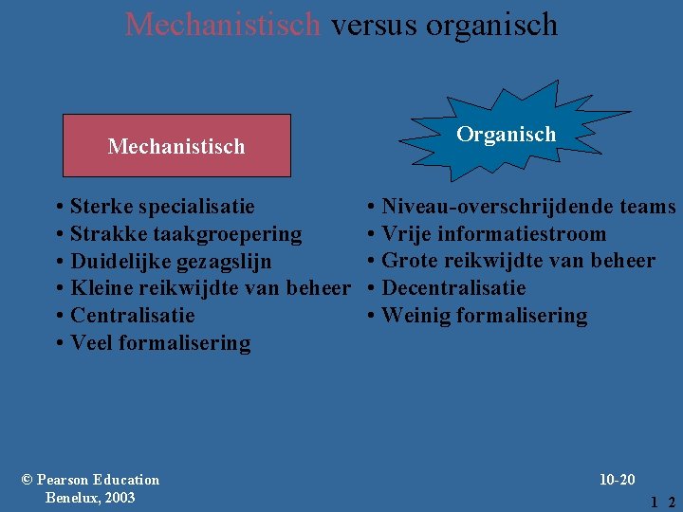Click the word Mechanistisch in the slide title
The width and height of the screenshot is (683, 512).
pyautogui.click(x=223, y=24)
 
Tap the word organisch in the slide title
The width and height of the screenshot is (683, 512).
pyautogui.click(x=491, y=24)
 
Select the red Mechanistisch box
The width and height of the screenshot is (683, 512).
pyautogui.click(x=176, y=146)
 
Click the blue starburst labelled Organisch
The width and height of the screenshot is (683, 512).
pyautogui.click(x=506, y=135)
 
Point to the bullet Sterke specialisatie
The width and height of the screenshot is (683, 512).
pyautogui.click(x=162, y=206)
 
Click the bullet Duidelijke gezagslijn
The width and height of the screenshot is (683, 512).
pyautogui.click(x=171, y=261)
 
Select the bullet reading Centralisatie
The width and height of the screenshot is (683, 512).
pyautogui.click(x=133, y=316)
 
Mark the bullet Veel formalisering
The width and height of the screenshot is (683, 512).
pyautogui.click(x=160, y=343)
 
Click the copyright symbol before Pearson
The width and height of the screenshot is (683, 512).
pyautogui.click(x=27, y=480)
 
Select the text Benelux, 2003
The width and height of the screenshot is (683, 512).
pyautogui.click(x=90, y=498)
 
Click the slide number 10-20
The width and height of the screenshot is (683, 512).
pyautogui.click(x=618, y=480)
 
